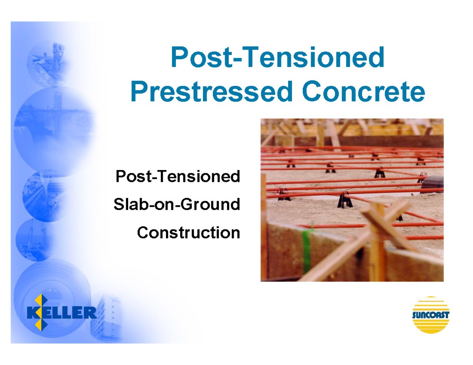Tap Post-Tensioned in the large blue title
click(x=277, y=57)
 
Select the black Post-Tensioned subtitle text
click(x=177, y=176)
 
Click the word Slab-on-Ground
click(x=177, y=204)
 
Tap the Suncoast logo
click(x=431, y=315)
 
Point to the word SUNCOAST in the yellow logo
click(x=431, y=315)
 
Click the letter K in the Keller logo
click(x=33, y=313)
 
